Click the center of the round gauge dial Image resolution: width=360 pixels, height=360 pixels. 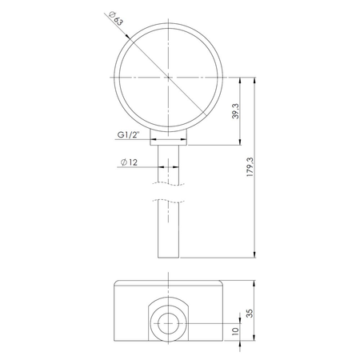tap(169, 78)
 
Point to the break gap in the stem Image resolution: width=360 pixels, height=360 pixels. tap(169, 193)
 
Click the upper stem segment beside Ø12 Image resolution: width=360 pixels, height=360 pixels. tap(169, 164)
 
